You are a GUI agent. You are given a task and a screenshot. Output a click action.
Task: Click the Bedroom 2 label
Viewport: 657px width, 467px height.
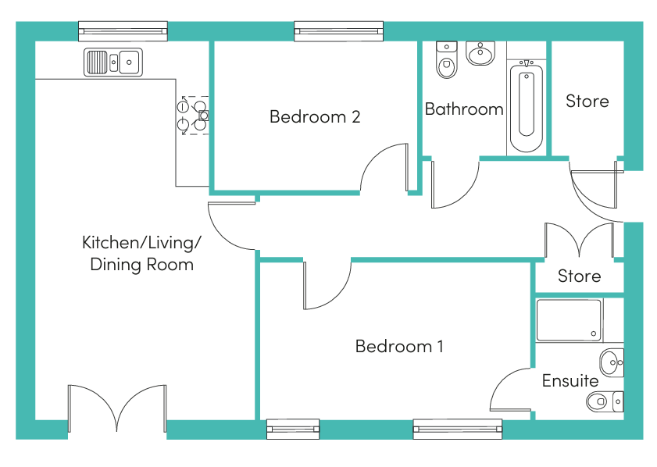click(315, 117)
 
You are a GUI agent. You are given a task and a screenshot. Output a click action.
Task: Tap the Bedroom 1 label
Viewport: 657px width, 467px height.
click(399, 347)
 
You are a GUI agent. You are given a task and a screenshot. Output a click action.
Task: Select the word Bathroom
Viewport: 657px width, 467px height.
click(464, 109)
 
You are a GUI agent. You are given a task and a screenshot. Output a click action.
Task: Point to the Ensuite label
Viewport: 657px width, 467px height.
click(570, 381)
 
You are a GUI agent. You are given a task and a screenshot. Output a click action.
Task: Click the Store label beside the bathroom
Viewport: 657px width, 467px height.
click(587, 102)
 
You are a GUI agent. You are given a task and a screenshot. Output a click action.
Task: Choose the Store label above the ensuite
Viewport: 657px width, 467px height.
click(579, 276)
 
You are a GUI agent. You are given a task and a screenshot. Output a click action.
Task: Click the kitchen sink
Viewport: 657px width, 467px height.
click(113, 62)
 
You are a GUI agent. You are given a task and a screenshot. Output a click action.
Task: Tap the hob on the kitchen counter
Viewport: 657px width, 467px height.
click(193, 115)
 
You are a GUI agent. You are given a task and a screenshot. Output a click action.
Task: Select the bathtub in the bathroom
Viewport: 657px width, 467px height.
click(527, 106)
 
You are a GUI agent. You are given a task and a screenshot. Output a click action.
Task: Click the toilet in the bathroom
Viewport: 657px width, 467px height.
click(447, 60)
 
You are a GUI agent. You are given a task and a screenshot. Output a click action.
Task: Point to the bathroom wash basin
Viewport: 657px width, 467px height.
click(480, 53)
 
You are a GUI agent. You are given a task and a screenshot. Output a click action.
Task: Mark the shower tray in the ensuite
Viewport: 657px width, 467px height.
click(570, 320)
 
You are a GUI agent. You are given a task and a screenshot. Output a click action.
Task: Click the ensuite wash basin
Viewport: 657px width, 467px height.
click(612, 362)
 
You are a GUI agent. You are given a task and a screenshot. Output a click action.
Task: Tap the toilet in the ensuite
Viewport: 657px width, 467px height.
click(605, 401)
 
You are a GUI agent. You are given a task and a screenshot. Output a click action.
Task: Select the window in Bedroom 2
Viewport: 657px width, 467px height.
click(338, 31)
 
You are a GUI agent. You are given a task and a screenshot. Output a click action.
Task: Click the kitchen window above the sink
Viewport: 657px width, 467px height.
click(123, 31)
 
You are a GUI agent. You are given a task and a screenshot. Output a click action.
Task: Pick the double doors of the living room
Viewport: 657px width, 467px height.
click(117, 408)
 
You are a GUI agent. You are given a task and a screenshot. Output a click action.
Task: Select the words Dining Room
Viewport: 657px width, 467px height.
click(141, 265)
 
